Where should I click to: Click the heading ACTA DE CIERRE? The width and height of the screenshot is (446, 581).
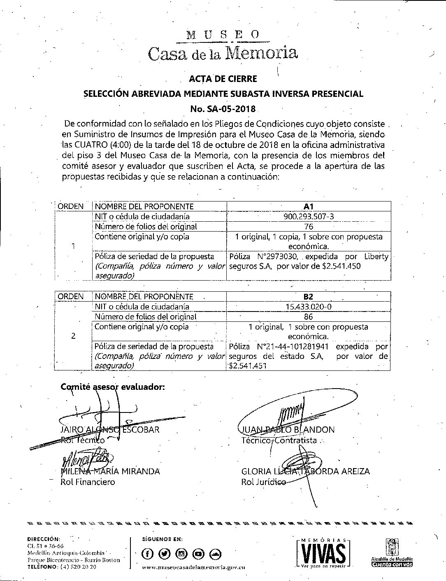tap(223, 78)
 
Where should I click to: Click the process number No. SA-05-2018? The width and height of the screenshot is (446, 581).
tap(223, 109)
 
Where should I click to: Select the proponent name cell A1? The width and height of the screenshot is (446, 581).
tap(308, 206)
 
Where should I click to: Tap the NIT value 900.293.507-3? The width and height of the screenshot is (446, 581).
tap(308, 216)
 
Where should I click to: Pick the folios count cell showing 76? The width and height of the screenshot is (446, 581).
tap(308, 227)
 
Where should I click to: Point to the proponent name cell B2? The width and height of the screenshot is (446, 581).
tap(308, 297)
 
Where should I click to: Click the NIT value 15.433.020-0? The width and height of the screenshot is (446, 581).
tap(308, 307)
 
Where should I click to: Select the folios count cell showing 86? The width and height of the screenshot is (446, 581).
tap(308, 317)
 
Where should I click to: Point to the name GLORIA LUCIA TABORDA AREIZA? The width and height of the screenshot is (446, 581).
tap(305, 471)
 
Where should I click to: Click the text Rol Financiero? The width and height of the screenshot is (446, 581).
tap(88, 482)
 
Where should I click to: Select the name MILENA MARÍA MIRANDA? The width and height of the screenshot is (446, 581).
tap(110, 471)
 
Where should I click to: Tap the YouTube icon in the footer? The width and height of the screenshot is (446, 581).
tap(198, 553)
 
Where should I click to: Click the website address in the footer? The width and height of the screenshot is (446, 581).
tap(193, 567)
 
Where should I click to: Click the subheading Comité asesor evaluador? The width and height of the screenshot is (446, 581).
tap(113, 387)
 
